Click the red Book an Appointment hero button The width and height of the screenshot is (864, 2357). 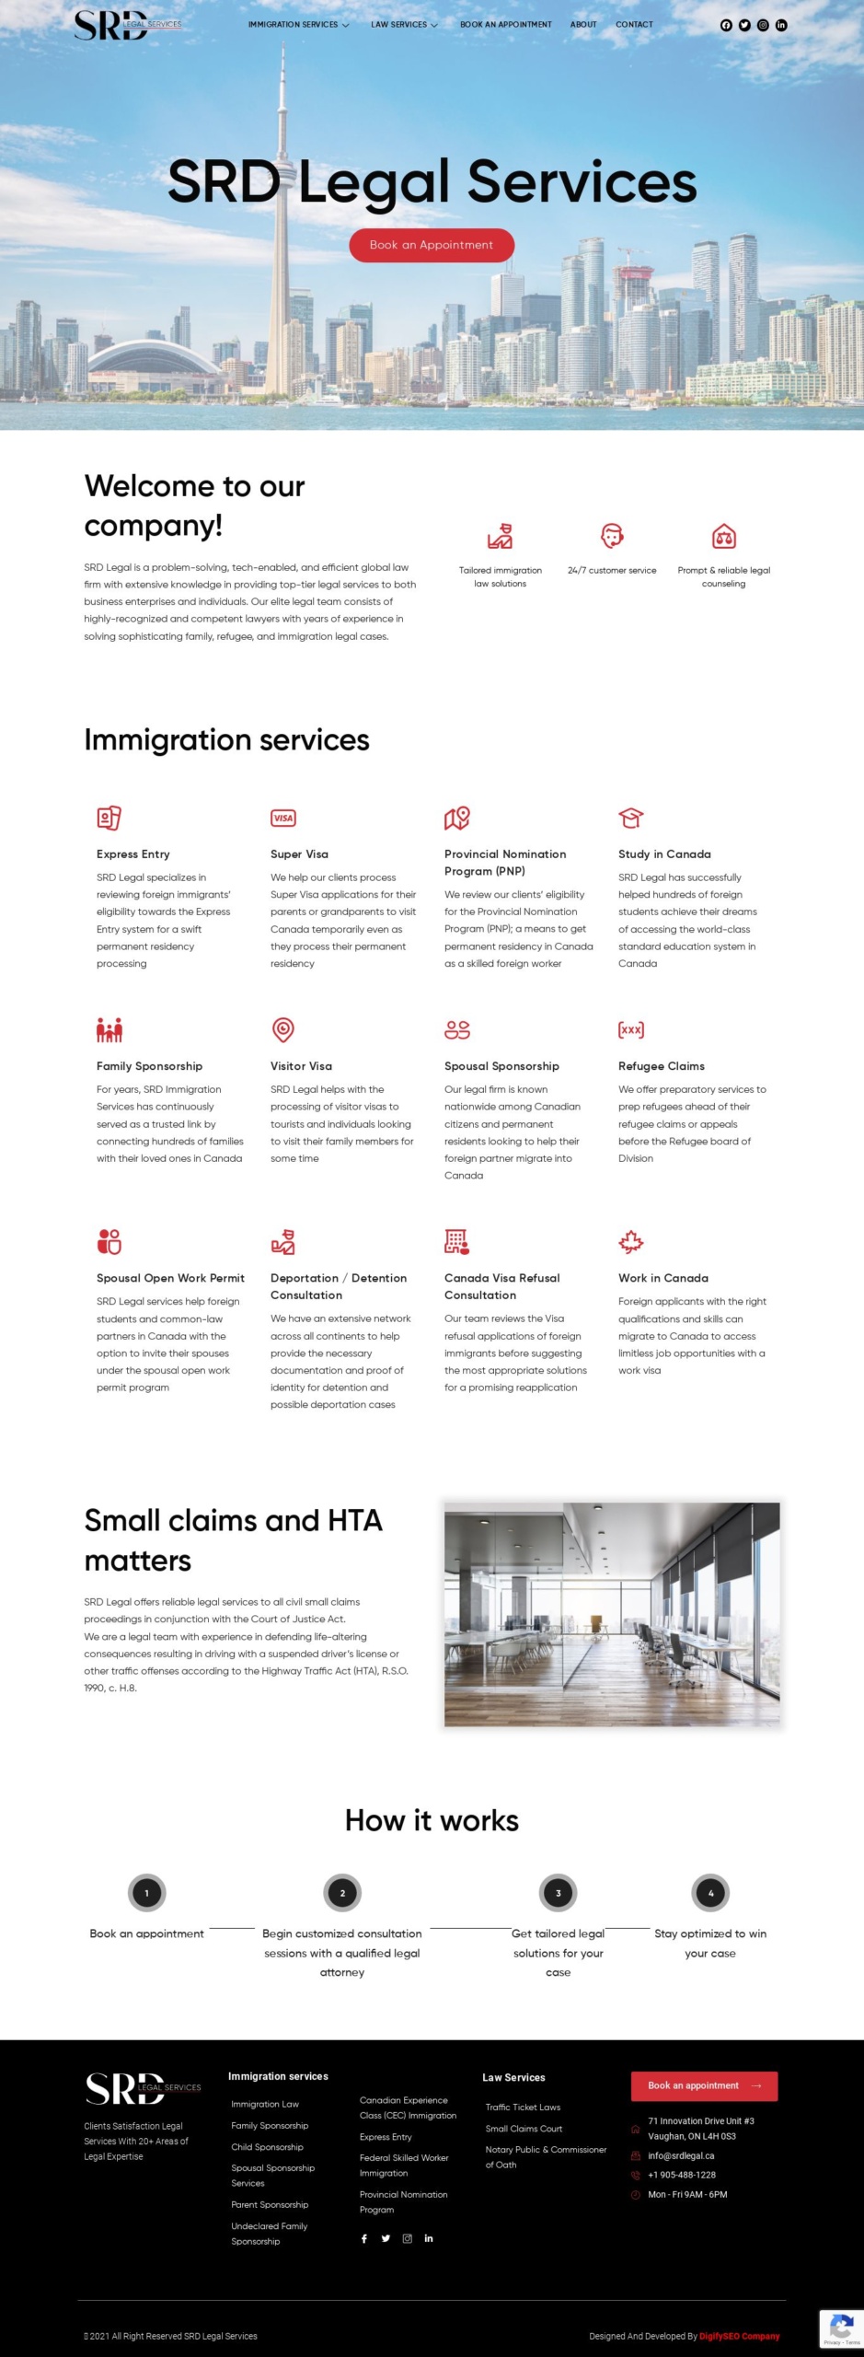(431, 245)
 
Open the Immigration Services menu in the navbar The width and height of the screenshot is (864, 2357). (298, 25)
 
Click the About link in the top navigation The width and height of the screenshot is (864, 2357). (583, 25)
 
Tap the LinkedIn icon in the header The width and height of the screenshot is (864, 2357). (781, 25)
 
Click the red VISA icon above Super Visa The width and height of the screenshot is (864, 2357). (283, 818)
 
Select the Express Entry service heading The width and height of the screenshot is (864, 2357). (133, 854)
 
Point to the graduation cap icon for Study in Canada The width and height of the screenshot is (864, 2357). (630, 818)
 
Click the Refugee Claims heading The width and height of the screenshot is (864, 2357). (662, 1066)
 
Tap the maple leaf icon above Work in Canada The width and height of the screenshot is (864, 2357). (630, 1242)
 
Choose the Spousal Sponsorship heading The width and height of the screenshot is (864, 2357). (501, 1066)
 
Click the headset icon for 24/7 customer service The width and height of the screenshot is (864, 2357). (612, 536)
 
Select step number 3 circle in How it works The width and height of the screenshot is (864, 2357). (558, 1893)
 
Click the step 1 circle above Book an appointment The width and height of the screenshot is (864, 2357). (147, 1893)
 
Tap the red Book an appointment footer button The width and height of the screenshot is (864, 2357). (704, 2085)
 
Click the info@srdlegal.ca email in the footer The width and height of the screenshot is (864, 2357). (681, 2155)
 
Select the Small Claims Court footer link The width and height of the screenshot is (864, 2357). (524, 2129)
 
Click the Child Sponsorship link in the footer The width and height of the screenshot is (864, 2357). (267, 2147)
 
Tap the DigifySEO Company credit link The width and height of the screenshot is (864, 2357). (739, 2336)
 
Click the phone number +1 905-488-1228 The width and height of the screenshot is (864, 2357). (682, 2175)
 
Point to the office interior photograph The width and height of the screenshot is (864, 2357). (612, 1614)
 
